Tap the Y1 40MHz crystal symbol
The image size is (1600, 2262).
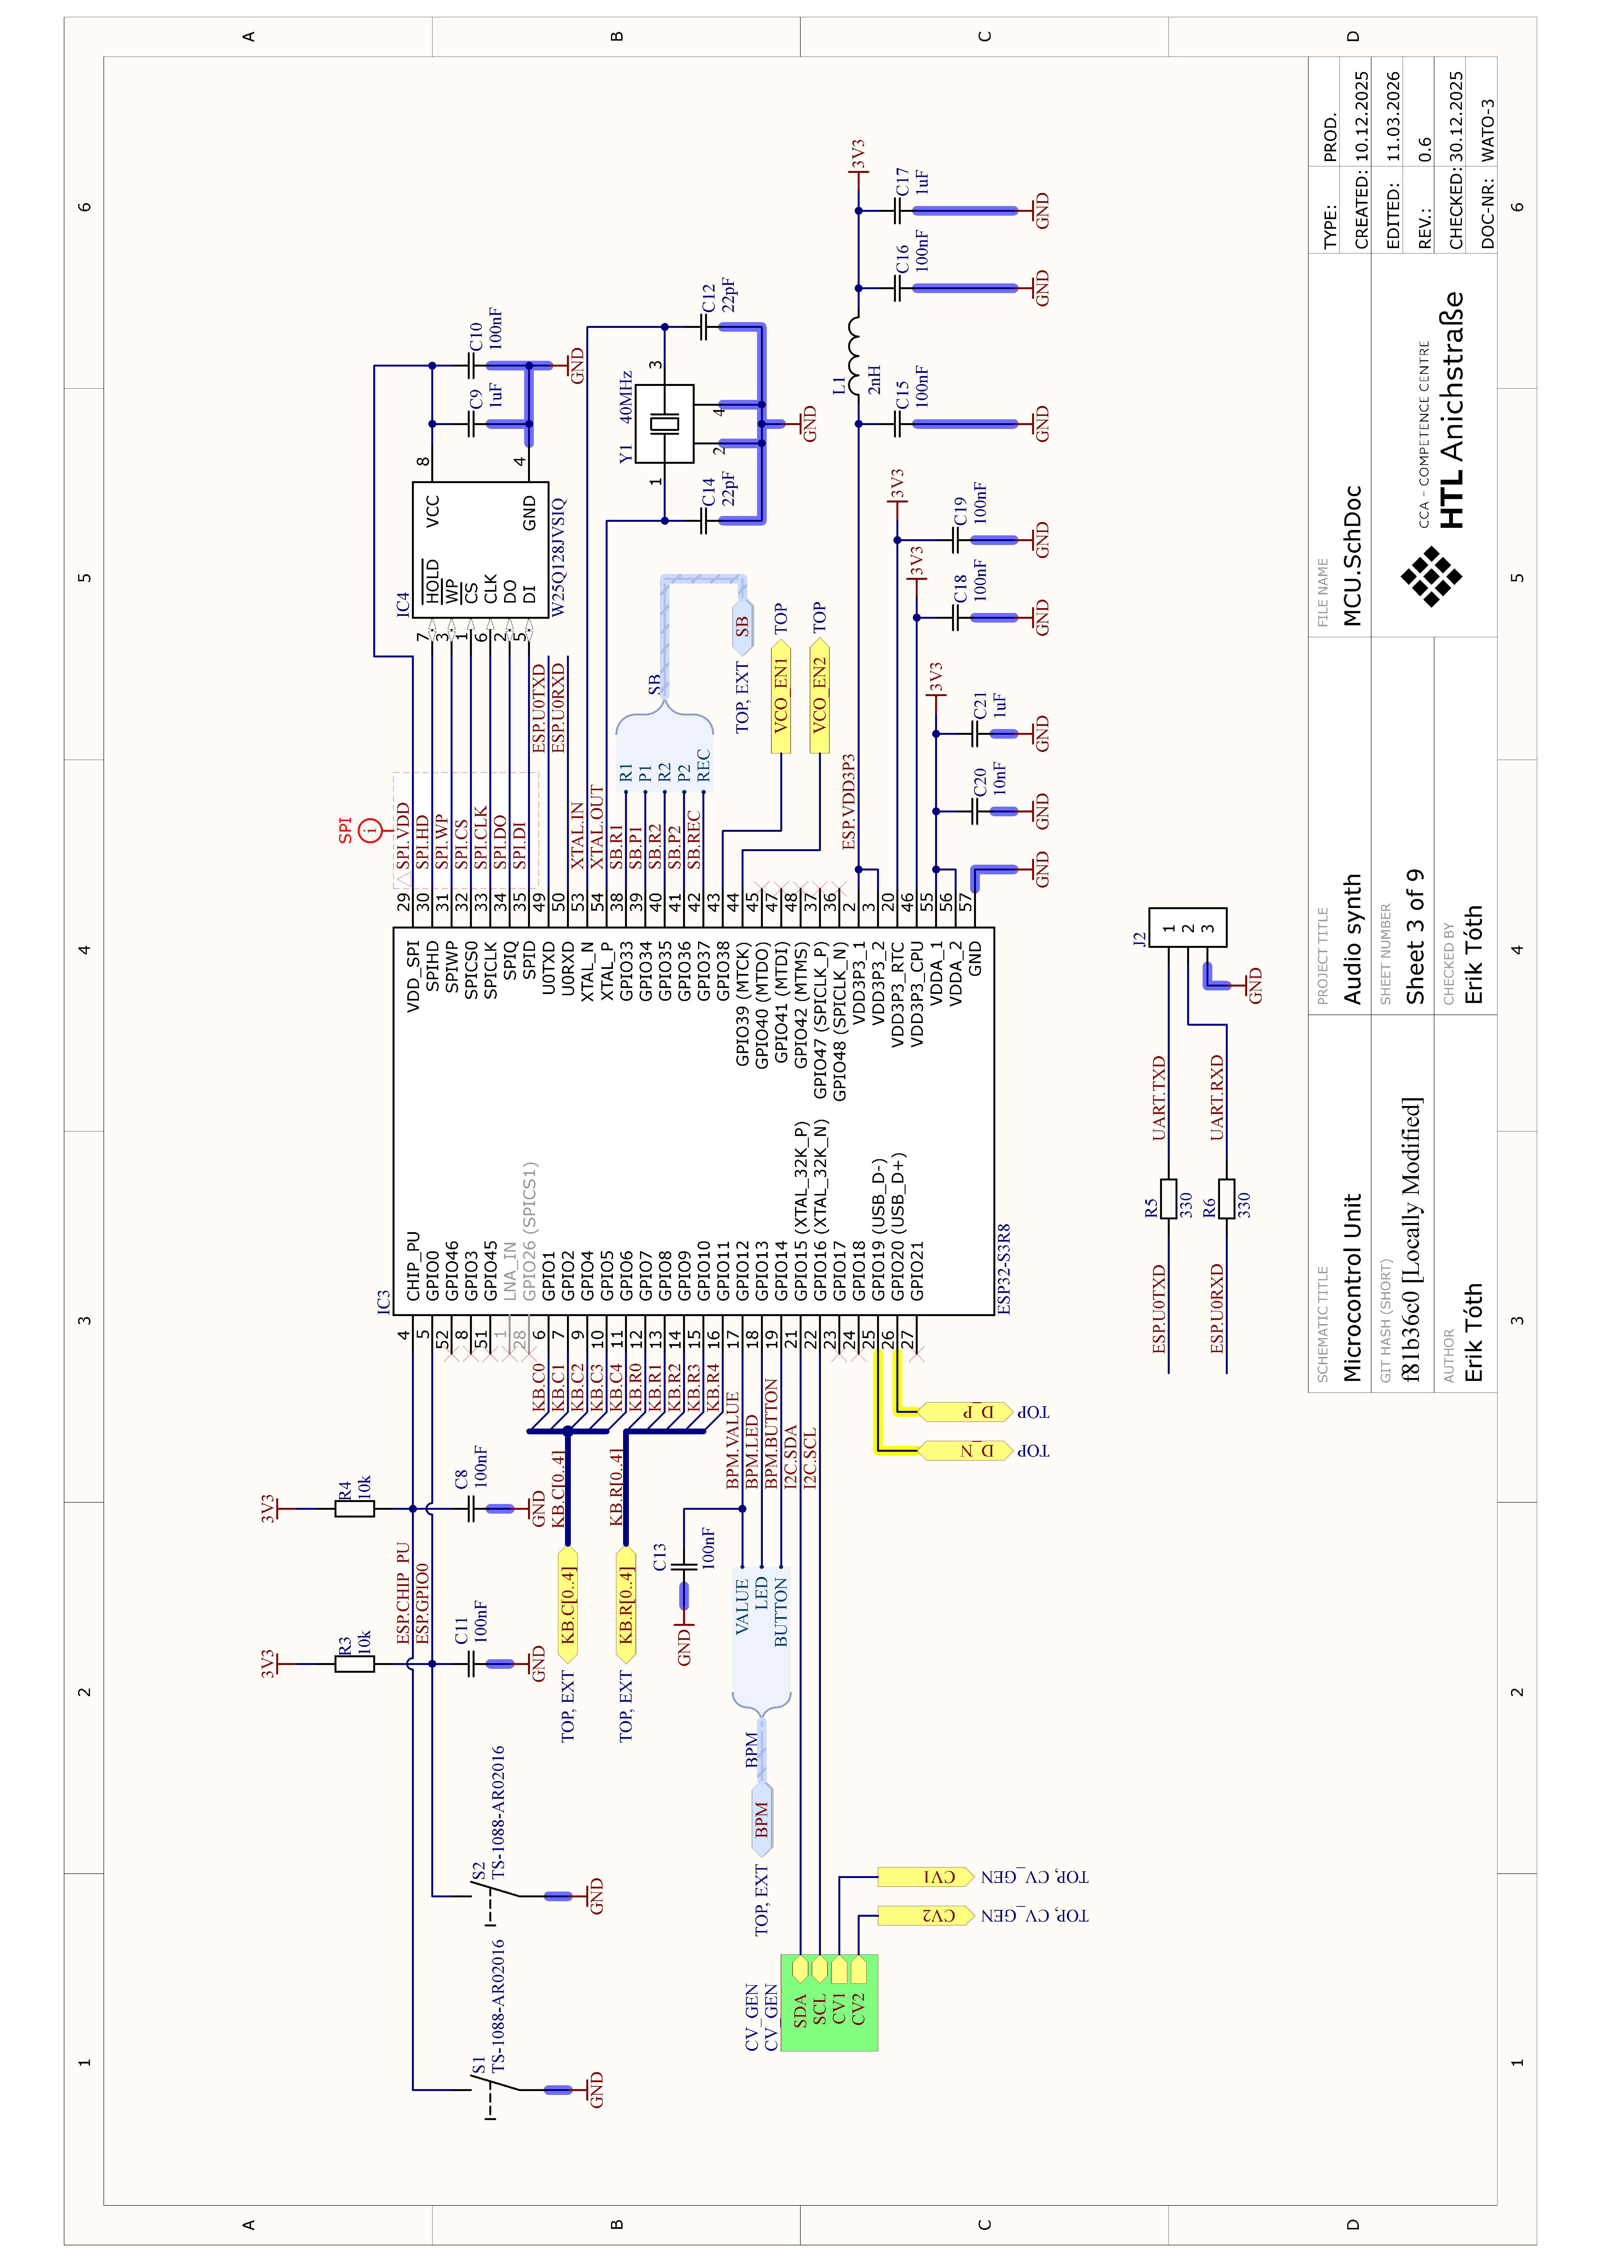click(x=664, y=424)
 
